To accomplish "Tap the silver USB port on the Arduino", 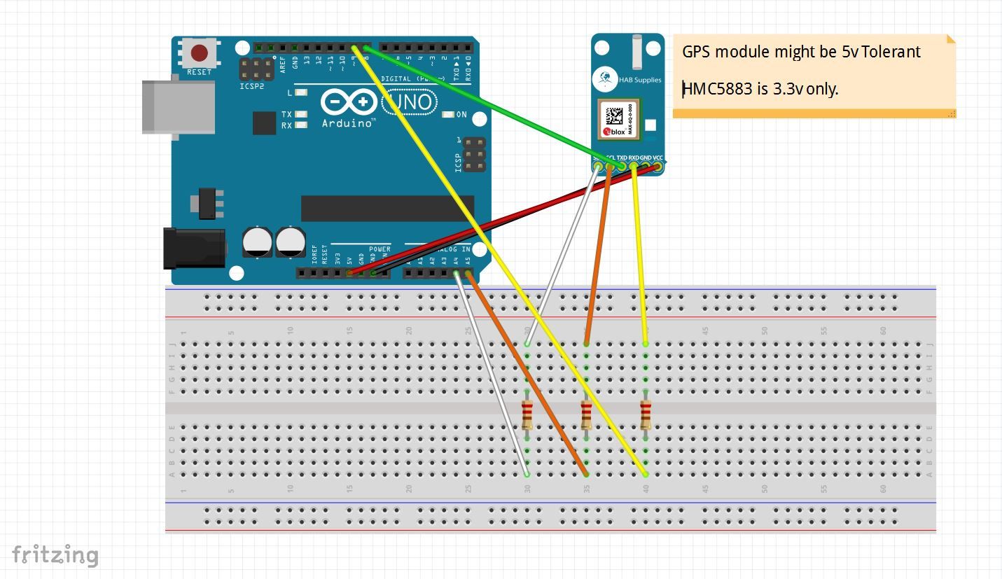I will coord(178,106).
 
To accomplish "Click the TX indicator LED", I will coord(302,114).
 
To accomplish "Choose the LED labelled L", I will coord(302,92).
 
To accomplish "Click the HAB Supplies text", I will coord(639,80).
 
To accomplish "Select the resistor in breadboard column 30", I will coord(527,415).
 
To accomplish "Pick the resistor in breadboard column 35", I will coord(586,415).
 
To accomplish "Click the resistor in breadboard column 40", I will coord(646,415).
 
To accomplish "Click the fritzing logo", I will coord(55,555).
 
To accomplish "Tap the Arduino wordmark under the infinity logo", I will coord(348,123).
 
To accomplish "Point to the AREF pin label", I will coord(283,64).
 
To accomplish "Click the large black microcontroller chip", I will coord(387,209).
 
